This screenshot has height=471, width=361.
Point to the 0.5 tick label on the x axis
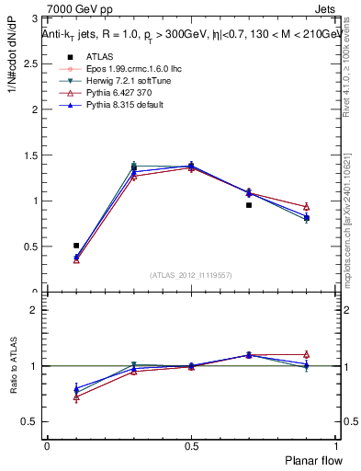coord(190,446)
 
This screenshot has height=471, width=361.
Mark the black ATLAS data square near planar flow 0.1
coord(76,246)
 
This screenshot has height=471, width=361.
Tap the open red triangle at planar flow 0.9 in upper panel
coord(306,207)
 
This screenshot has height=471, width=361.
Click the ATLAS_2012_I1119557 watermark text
coord(191,274)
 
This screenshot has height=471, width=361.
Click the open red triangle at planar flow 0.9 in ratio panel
coord(306,354)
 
